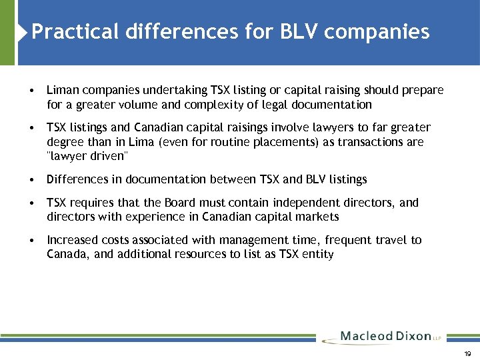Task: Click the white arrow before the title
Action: [25, 31]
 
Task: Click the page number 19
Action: [467, 353]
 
